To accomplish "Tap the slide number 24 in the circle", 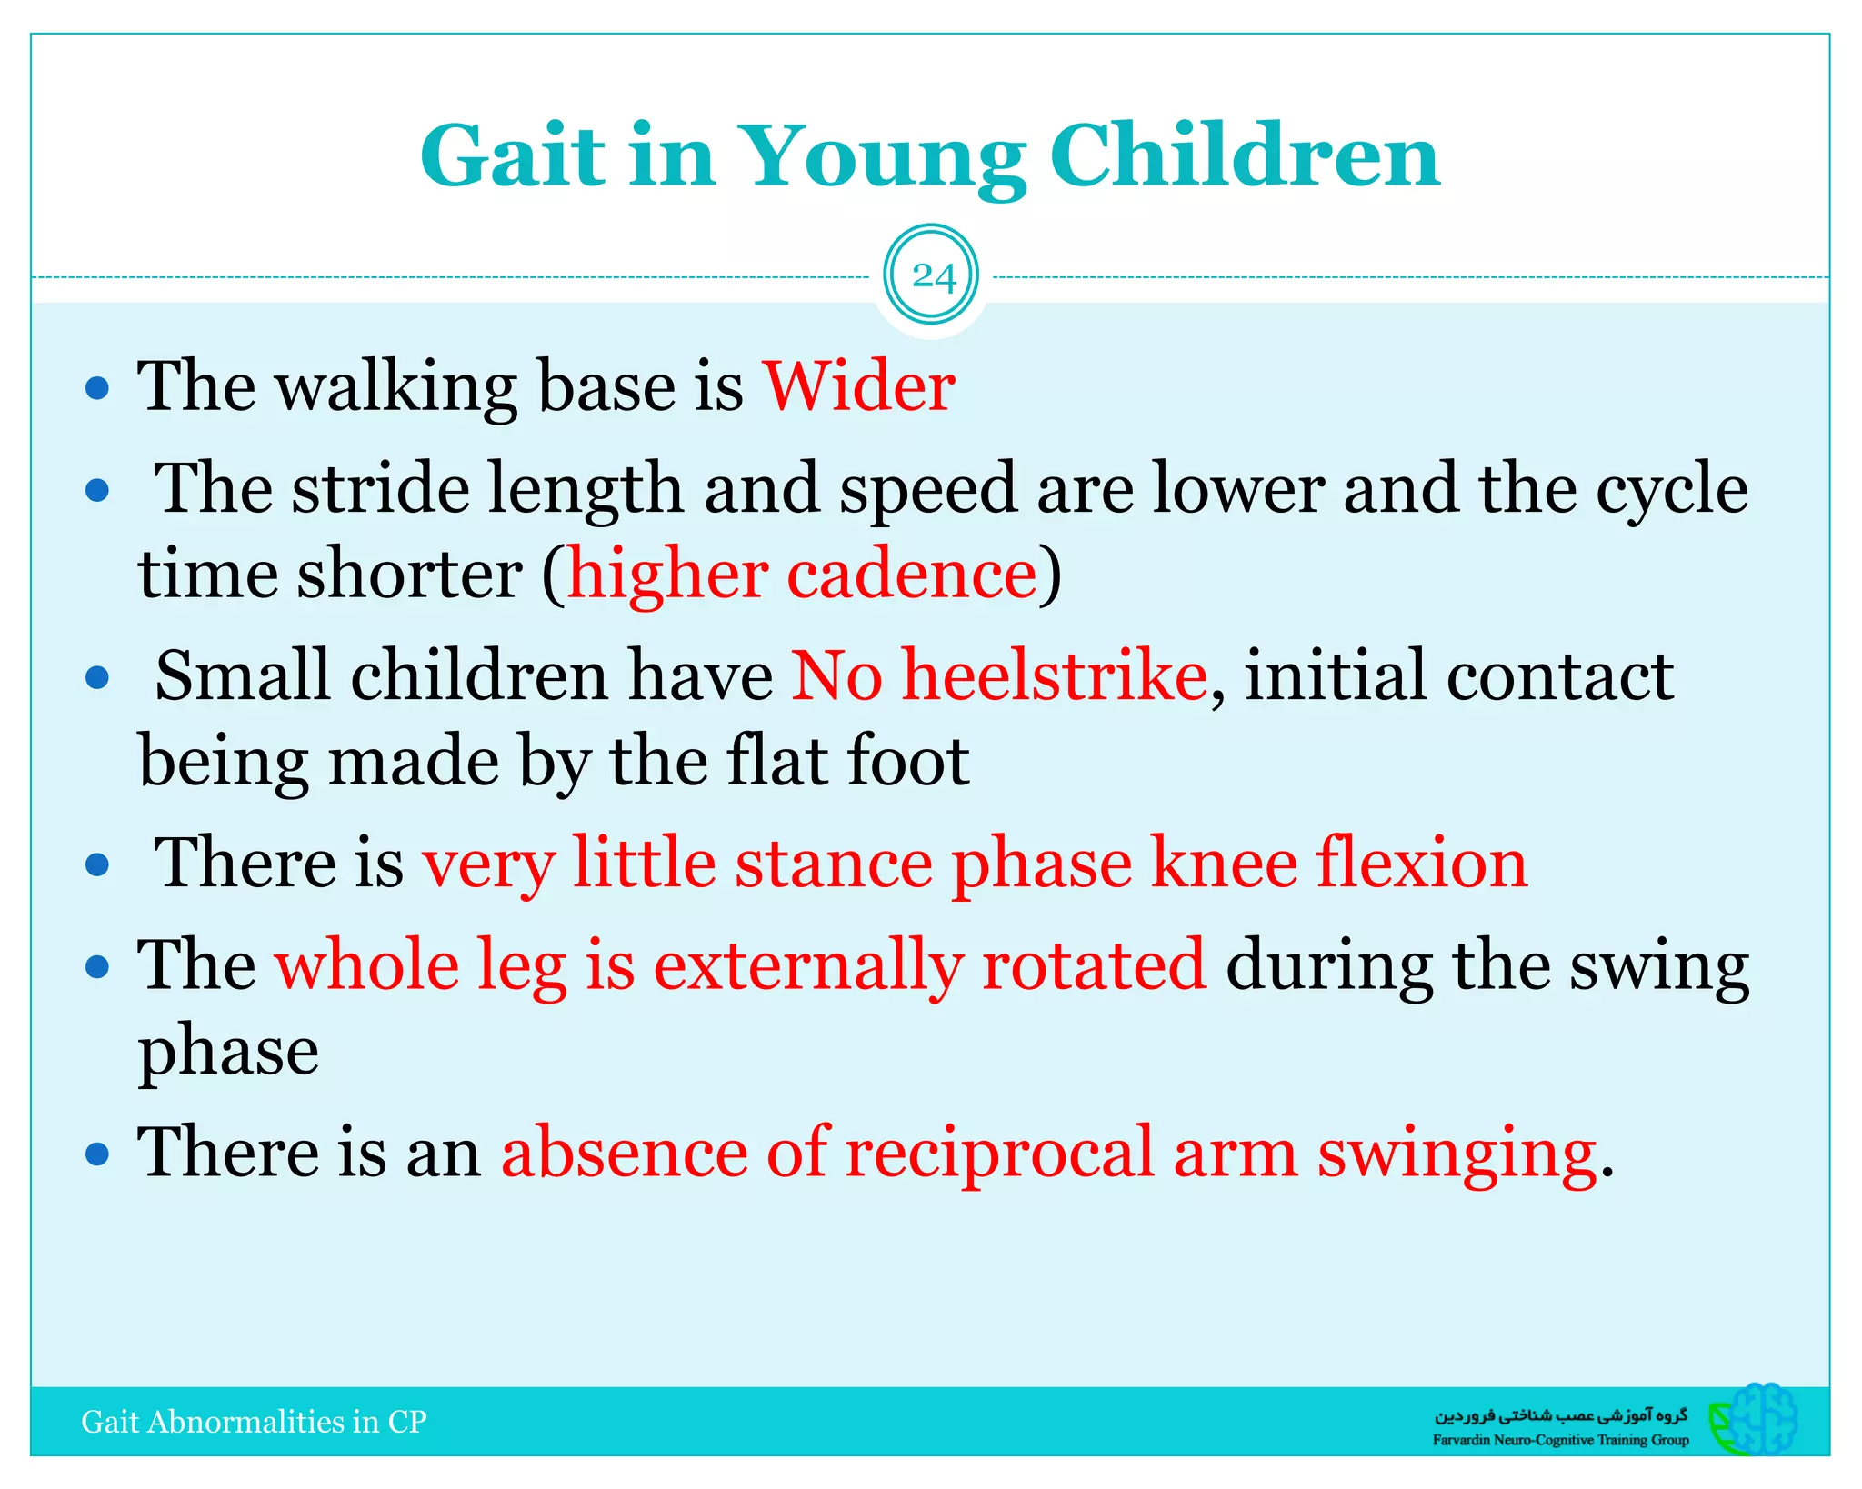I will point(932,275).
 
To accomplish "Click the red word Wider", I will point(858,387).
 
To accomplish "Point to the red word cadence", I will point(911,575).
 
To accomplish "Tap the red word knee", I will point(1224,864).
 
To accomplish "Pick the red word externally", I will point(806,966).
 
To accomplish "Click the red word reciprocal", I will point(999,1154).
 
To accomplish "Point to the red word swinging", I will point(1457,1154).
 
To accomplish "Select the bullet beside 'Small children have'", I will point(97,678).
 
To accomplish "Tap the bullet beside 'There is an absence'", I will point(97,1154).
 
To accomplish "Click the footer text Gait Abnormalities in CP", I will point(254,1422).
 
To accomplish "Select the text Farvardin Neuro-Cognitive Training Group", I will point(1560,1440).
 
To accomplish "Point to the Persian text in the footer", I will point(1560,1415).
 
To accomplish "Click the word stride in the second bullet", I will point(380,490).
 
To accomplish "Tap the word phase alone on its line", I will point(228,1052).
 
